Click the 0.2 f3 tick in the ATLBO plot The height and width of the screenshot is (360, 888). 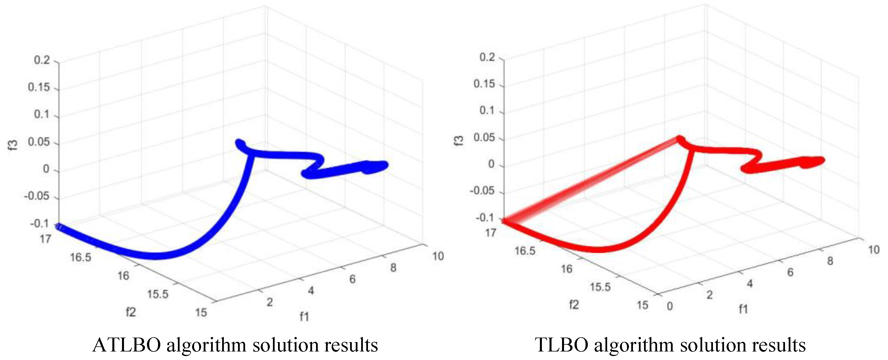coord(42,60)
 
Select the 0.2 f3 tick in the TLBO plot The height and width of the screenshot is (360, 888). coord(487,57)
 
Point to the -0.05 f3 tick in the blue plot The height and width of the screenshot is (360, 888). coord(37,196)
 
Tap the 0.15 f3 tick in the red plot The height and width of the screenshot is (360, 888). coord(484,84)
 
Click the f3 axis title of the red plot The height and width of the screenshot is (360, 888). coord(458,141)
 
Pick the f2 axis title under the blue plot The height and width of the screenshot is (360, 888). coord(131,312)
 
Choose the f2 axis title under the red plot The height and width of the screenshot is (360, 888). coord(574,304)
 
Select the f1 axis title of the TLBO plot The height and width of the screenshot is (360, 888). coord(743,309)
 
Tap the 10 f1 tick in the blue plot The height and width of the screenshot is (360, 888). coord(438,256)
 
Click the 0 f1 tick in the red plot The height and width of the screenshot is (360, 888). coord(670,306)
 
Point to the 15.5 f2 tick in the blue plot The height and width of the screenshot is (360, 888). coord(158,294)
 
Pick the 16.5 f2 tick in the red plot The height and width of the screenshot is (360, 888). coord(525,251)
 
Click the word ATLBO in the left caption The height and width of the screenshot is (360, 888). coord(127,345)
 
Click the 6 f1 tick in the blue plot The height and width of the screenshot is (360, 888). coord(352,279)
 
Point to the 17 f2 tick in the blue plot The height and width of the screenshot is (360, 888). coord(45,239)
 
